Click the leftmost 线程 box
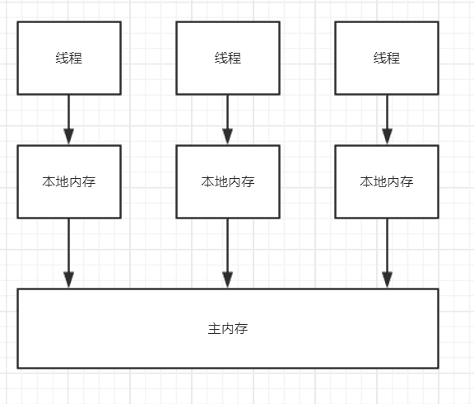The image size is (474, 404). click(x=69, y=58)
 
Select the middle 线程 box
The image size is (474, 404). click(x=228, y=58)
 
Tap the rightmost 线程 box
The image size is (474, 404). click(x=387, y=58)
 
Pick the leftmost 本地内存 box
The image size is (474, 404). click(x=69, y=181)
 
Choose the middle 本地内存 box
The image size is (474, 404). click(x=228, y=181)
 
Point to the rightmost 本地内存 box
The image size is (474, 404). click(x=387, y=181)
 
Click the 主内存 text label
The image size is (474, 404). click(x=228, y=329)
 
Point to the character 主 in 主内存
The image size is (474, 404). click(x=215, y=329)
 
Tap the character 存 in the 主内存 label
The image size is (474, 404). click(x=241, y=329)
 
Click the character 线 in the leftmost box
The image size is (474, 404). click(x=63, y=58)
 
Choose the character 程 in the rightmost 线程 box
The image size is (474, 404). click(x=393, y=58)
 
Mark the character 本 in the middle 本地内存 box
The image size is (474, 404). click(x=208, y=181)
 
